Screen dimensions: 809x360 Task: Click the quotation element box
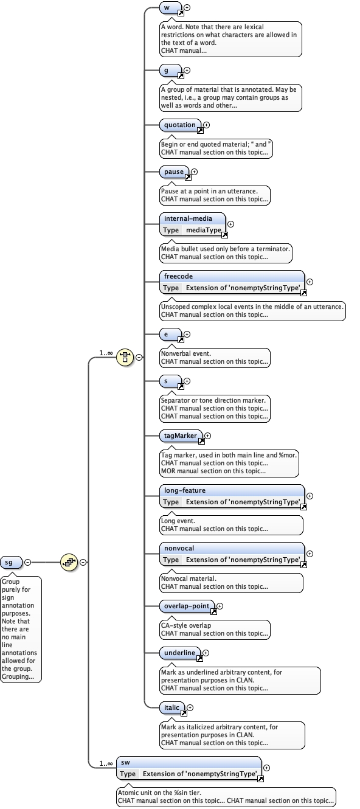(x=180, y=125)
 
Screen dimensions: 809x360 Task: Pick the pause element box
(x=174, y=172)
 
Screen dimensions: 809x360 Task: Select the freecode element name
(x=178, y=277)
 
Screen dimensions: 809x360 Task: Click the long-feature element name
(x=185, y=490)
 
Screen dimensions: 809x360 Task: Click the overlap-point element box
(x=187, y=606)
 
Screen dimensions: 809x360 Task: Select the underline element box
(x=180, y=653)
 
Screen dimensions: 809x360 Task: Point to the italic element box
(x=172, y=707)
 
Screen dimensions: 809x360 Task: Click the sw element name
(x=125, y=762)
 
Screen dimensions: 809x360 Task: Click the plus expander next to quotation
(x=206, y=125)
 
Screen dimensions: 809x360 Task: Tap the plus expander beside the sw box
(x=266, y=768)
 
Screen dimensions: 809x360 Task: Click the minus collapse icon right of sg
(x=28, y=562)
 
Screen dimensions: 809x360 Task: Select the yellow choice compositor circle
(x=125, y=357)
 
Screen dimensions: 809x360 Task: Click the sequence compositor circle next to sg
(x=68, y=562)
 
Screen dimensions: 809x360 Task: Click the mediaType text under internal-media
(x=203, y=230)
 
